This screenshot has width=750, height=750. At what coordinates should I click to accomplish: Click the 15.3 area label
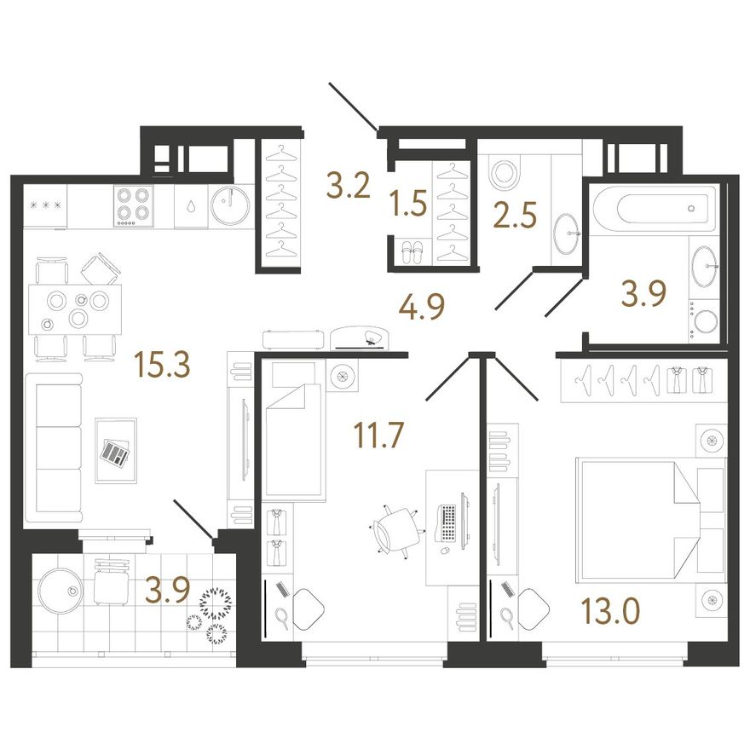163,364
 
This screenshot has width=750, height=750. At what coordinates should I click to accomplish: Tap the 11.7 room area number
378,435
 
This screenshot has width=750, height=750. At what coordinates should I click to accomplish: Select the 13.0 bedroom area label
610,611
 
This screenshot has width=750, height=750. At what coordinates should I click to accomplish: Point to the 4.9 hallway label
421,306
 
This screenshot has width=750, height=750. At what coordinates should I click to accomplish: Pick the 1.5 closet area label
408,203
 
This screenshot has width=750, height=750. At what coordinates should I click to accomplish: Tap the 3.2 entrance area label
349,186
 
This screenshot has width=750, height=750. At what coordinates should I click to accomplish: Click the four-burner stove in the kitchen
135,206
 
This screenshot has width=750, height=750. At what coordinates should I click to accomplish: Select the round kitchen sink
230,206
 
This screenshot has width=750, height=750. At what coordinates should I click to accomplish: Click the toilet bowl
504,173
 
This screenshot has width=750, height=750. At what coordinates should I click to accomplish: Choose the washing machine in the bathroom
704,321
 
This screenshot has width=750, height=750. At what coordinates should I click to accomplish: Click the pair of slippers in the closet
412,252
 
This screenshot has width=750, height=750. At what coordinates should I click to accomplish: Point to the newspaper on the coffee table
116,451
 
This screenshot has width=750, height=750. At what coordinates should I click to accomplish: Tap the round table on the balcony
61,591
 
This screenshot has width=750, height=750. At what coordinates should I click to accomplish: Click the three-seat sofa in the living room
54,448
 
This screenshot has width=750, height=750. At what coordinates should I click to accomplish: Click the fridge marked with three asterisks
46,206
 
